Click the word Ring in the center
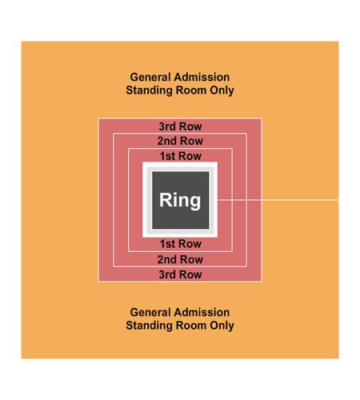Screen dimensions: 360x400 (x=180, y=200)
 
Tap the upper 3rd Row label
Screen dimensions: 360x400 (x=180, y=126)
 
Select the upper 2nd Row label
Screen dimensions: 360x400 (x=180, y=141)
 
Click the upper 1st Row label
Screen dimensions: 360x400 (x=181, y=156)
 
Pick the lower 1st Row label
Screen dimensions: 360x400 (x=181, y=244)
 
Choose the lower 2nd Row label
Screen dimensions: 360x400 (x=180, y=259)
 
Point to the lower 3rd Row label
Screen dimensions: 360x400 (x=180, y=274)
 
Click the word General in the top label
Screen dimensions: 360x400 (x=146, y=78)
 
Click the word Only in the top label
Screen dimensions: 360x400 (x=222, y=90)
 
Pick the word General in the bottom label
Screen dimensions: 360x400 (x=146, y=313)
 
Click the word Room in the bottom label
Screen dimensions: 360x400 (x=191, y=326)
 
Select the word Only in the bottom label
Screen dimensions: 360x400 (x=222, y=326)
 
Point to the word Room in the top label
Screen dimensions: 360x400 (x=191, y=90)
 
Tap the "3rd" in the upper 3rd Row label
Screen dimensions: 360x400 (x=168, y=126)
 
